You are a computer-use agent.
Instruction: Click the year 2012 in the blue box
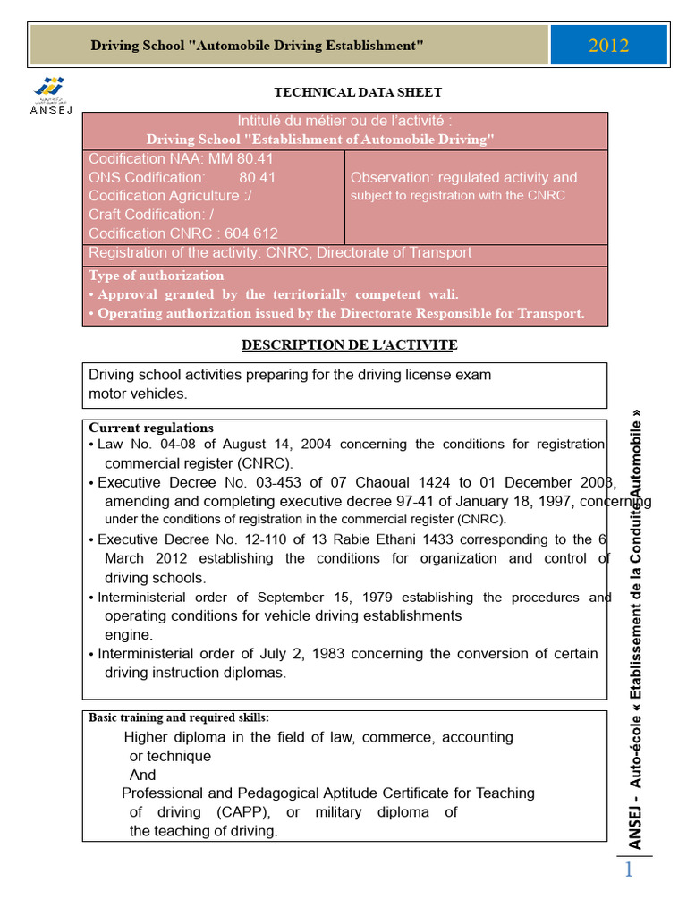(608, 46)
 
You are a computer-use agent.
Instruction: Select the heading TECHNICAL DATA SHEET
(357, 92)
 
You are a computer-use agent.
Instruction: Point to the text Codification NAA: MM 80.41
(181, 158)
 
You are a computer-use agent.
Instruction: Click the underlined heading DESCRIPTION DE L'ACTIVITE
(350, 344)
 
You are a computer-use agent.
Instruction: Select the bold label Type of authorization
(157, 276)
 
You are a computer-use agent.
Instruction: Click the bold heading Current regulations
(151, 428)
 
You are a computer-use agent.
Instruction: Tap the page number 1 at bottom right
(628, 869)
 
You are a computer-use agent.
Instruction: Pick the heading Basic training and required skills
(179, 717)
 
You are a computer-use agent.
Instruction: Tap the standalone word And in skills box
(142, 775)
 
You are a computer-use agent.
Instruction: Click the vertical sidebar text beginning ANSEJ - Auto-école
(635, 626)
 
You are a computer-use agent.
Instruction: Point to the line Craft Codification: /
(151, 215)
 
